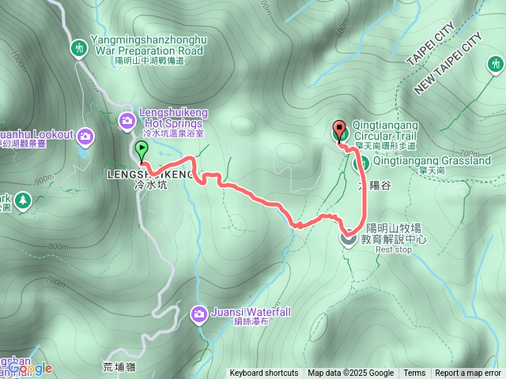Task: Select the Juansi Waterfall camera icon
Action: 198,314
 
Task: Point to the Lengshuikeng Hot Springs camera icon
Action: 126,120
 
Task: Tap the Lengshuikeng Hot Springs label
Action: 172,118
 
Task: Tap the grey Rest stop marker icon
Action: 348,236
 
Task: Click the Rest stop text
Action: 393,250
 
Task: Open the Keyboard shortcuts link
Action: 264,373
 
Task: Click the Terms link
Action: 414,373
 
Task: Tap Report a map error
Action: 468,373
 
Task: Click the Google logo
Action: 30,369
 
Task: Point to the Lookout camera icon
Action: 85,137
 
